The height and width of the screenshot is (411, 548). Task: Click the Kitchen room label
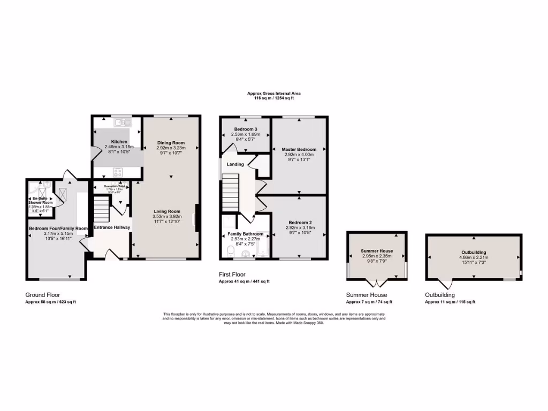[116, 142]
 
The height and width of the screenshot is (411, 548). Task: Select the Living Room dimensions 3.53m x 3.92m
[166, 216]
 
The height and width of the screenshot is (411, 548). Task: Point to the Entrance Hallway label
[112, 227]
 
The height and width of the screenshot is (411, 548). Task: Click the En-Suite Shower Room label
[40, 201]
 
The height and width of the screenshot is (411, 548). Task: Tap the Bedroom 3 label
[246, 130]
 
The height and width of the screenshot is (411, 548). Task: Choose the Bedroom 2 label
[300, 223]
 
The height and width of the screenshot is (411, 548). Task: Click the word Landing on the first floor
[235, 164]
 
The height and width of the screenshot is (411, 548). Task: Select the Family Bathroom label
[246, 234]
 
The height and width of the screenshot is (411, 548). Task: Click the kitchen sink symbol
[118, 122]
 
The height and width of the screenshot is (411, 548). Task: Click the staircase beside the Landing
[230, 195]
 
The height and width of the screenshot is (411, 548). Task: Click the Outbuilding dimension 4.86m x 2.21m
[474, 257]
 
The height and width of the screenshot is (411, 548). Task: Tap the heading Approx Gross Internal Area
[270, 93]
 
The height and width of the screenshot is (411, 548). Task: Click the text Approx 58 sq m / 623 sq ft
[51, 302]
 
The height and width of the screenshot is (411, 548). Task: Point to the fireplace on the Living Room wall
[198, 218]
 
